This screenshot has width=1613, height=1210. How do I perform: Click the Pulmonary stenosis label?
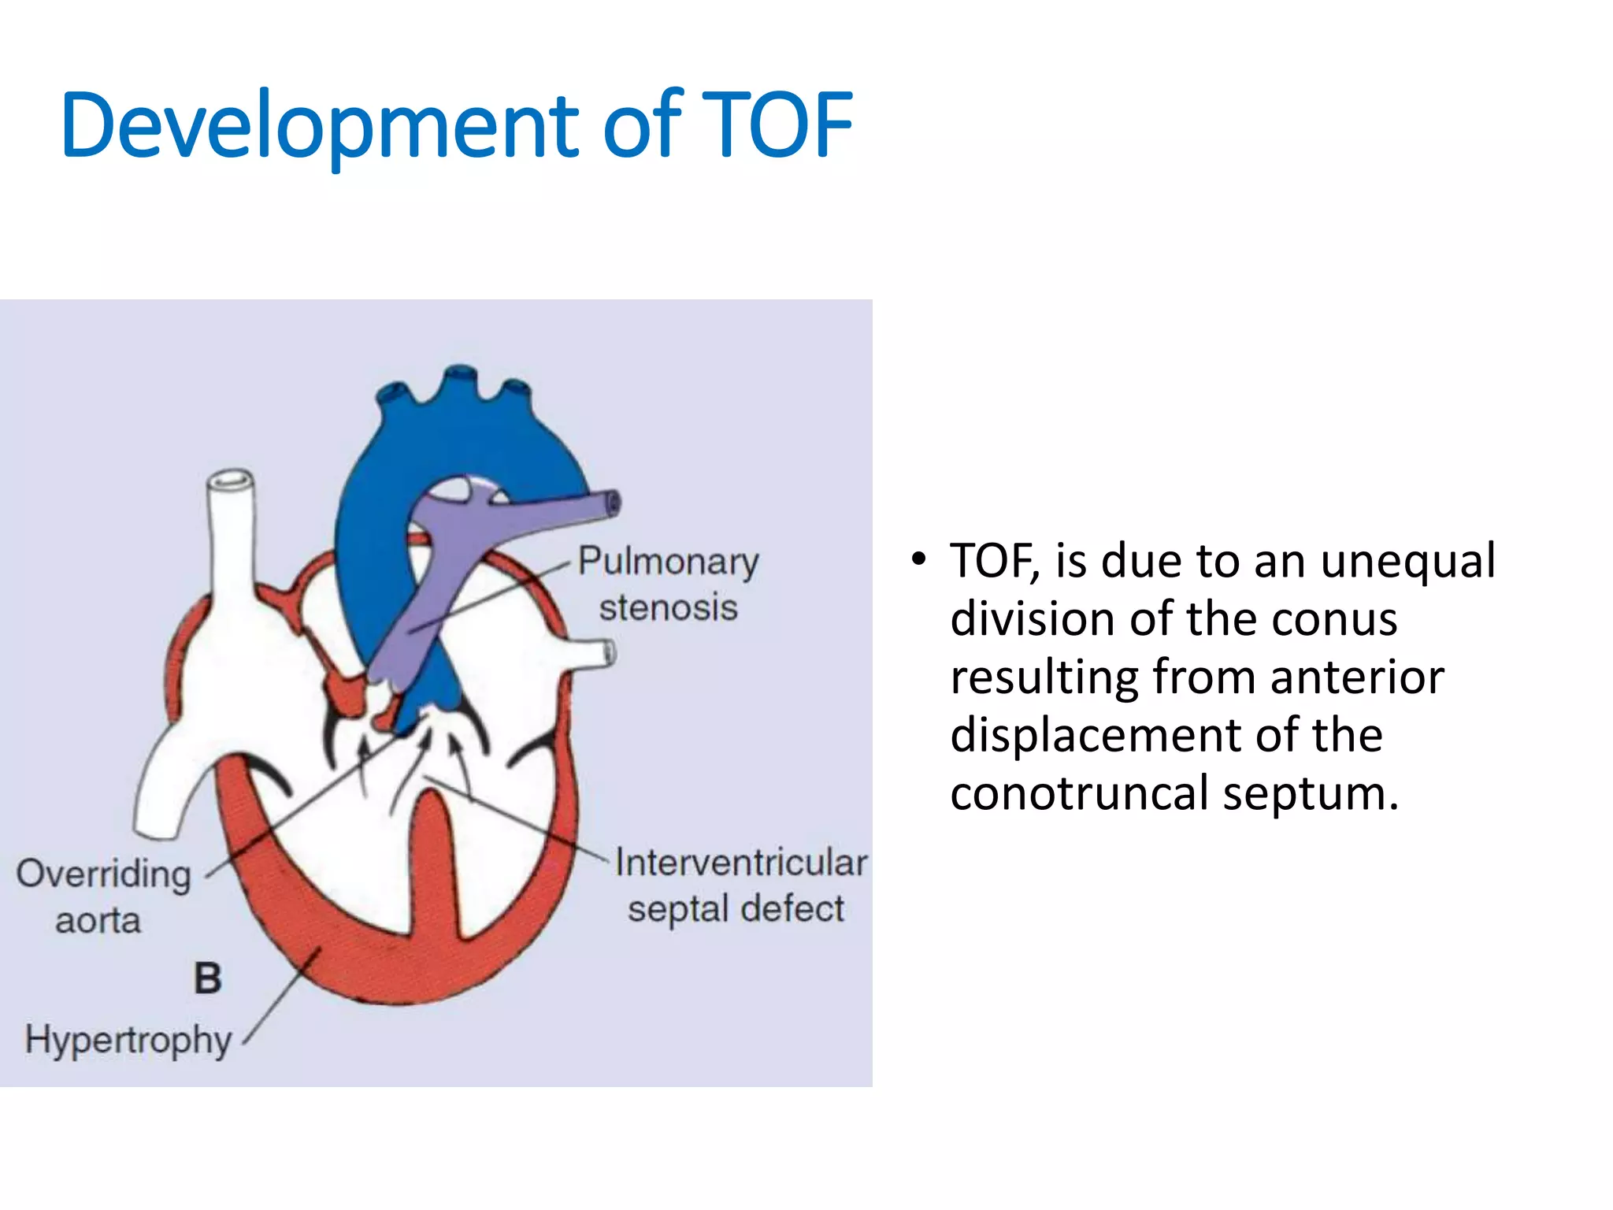668,584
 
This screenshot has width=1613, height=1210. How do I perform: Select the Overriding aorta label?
102,896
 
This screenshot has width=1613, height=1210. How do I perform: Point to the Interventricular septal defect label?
739,885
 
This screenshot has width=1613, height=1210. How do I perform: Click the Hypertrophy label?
128,1039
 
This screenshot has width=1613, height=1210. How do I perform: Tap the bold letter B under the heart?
208,978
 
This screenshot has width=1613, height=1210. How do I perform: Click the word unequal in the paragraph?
1407,561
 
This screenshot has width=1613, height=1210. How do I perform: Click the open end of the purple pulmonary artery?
612,503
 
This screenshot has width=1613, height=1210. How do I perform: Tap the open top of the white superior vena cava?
231,481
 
